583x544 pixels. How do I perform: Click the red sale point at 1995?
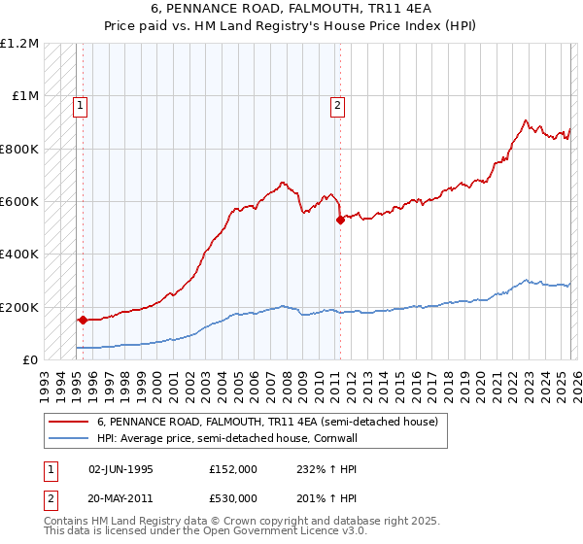pyautogui.click(x=83, y=320)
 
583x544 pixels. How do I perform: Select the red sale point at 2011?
pyautogui.click(x=340, y=220)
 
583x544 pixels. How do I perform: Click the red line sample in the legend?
pyautogui.click(x=68, y=422)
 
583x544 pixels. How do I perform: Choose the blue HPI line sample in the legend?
pyautogui.click(x=68, y=438)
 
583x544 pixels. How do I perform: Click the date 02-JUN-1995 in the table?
pyautogui.click(x=120, y=469)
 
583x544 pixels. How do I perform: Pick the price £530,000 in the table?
pyautogui.click(x=232, y=497)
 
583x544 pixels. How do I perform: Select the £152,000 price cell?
pyautogui.click(x=232, y=469)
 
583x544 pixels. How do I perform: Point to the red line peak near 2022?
pyautogui.click(x=526, y=120)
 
